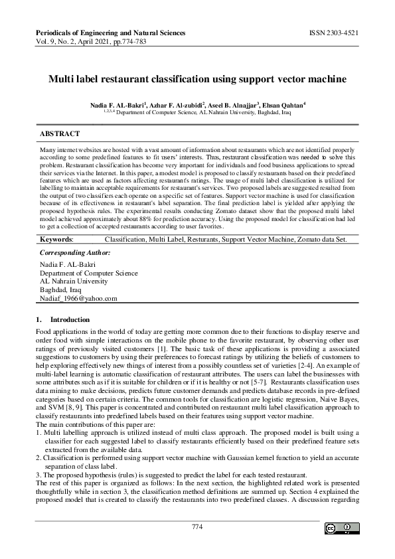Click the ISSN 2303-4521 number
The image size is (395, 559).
point(335,32)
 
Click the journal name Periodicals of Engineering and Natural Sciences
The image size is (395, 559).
point(110,32)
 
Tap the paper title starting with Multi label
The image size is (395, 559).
point(197,79)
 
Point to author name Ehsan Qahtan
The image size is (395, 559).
point(282,106)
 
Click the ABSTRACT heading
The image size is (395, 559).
point(60,134)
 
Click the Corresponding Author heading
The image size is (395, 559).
point(75,253)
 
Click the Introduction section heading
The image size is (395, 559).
point(70,320)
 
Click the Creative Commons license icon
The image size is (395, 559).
point(338,528)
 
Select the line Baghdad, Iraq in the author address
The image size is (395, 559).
point(60,289)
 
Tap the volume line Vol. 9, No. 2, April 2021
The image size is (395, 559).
point(100,41)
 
